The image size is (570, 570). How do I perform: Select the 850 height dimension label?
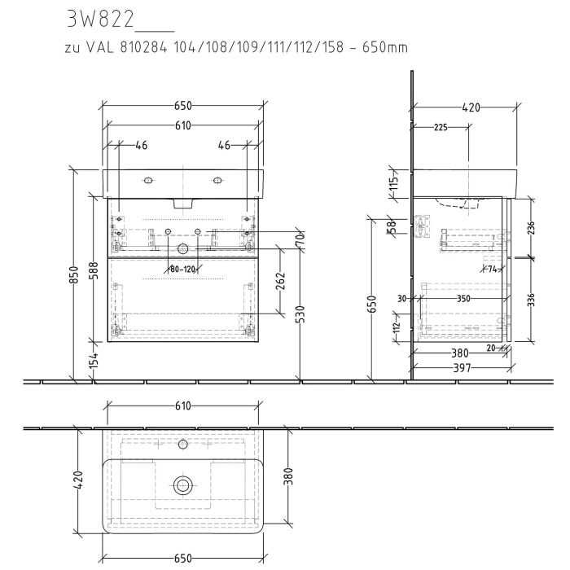tap(74, 277)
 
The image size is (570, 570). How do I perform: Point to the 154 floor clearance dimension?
tap(94, 360)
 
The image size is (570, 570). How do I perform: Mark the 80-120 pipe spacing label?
tap(183, 268)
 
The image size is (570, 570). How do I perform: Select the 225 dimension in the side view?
tap(441, 127)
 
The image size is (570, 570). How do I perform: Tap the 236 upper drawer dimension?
tap(531, 229)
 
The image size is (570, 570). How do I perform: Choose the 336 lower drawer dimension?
tap(531, 300)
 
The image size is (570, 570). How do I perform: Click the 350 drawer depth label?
tap(463, 299)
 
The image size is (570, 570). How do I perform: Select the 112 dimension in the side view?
tap(397, 327)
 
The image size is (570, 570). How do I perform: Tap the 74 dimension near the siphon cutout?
tap(491, 268)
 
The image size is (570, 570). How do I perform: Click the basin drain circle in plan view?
tap(182, 486)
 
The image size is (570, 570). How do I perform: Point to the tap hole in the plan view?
tap(182, 445)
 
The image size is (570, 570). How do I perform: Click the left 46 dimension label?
tap(141, 146)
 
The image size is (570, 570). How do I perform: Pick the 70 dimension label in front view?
tap(299, 241)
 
